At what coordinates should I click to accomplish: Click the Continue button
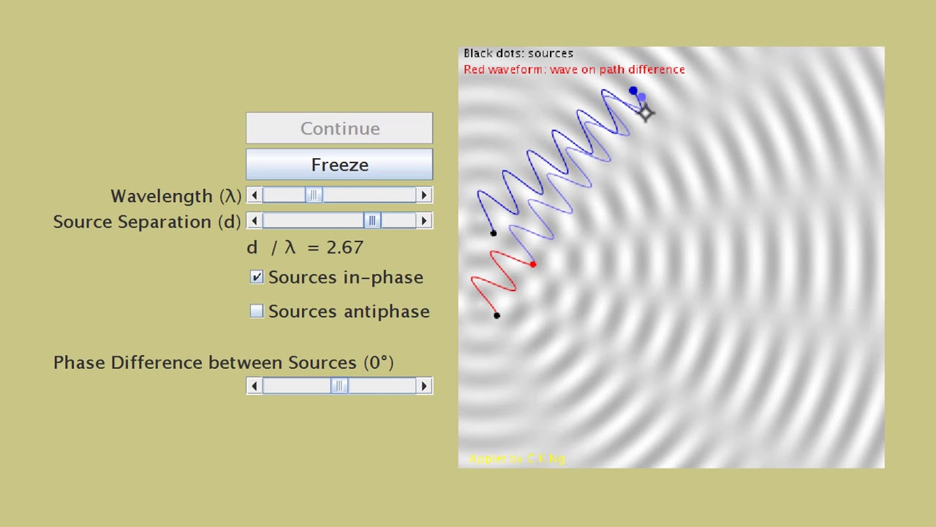tap(339, 128)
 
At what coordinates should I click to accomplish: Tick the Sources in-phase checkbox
tap(257, 277)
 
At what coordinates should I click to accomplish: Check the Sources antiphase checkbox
tap(257, 311)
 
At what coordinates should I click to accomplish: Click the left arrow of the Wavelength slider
tap(254, 195)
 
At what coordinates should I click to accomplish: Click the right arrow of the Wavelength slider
tap(424, 195)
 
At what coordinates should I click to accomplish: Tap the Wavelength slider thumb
tap(314, 195)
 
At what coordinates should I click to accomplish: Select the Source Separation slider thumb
tap(372, 221)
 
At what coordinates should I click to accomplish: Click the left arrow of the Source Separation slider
tap(254, 221)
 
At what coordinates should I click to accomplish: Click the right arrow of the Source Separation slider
tap(424, 221)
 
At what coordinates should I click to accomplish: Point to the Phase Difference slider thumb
tap(339, 386)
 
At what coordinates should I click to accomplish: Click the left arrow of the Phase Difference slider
tap(254, 386)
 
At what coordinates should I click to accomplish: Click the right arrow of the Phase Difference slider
tap(424, 386)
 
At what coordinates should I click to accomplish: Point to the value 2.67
tap(344, 247)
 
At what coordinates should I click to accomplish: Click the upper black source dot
tap(493, 233)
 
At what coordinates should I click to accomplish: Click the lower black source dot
tap(497, 315)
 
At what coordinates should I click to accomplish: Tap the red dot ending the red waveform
tap(533, 264)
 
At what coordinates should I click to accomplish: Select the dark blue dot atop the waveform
tap(633, 91)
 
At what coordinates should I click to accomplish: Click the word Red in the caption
tap(474, 70)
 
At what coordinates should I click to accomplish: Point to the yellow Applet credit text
tap(516, 459)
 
